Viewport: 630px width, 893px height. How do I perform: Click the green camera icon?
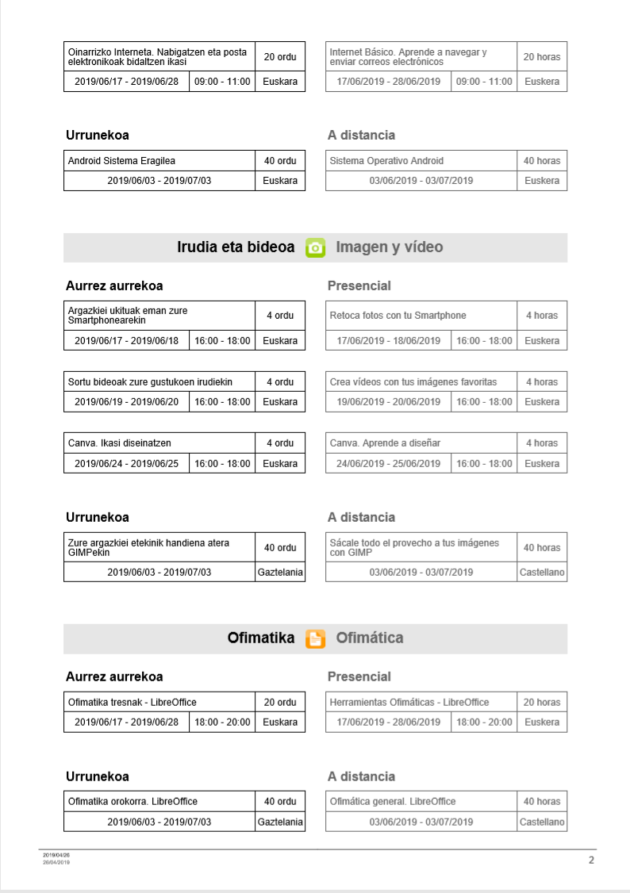click(316, 247)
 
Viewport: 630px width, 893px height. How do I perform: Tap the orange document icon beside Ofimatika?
click(316, 638)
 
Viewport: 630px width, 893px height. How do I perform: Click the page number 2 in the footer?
click(591, 860)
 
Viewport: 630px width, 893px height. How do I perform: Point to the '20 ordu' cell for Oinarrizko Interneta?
click(280, 56)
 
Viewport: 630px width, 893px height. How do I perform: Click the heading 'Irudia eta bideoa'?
click(236, 247)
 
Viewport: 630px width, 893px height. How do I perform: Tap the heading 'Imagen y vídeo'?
click(389, 247)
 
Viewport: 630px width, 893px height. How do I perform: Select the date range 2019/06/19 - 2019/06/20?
click(127, 402)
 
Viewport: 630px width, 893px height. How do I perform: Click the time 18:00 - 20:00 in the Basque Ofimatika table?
click(222, 722)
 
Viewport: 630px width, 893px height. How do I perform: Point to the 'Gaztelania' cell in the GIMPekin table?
click(280, 572)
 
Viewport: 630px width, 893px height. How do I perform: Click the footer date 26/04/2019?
click(56, 862)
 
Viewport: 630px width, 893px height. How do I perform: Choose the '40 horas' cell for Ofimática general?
click(542, 801)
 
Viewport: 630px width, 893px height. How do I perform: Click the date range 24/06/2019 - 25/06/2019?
click(388, 463)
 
